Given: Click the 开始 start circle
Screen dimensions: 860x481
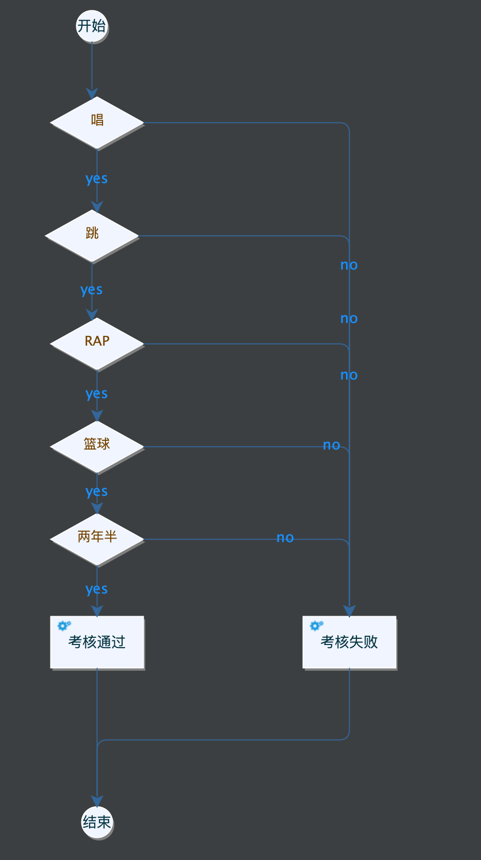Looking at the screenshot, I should pyautogui.click(x=92, y=26).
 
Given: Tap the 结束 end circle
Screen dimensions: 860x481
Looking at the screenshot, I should pyautogui.click(x=97, y=822).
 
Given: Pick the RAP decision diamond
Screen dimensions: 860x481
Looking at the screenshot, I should pyautogui.click(x=97, y=343).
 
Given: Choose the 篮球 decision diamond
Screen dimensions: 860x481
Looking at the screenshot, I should pyautogui.click(x=97, y=446).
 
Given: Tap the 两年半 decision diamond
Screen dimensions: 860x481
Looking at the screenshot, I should pyautogui.click(x=97, y=539).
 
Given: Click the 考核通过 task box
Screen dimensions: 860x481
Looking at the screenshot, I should pyautogui.click(x=97, y=642).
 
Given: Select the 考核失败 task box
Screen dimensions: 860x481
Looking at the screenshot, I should pyautogui.click(x=349, y=642).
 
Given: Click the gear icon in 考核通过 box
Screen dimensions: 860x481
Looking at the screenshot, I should pyautogui.click(x=64, y=625).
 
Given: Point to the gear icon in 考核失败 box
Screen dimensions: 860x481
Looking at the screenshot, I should pyautogui.click(x=316, y=625).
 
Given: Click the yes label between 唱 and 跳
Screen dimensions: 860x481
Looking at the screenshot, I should pyautogui.click(x=96, y=179).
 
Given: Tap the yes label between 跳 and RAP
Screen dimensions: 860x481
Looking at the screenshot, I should pyautogui.click(x=91, y=290).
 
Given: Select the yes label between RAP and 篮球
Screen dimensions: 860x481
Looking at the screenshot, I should pyautogui.click(x=96, y=394).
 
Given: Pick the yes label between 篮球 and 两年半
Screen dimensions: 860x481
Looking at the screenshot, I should pyautogui.click(x=96, y=492).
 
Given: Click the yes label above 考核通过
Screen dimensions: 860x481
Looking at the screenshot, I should pyautogui.click(x=96, y=589).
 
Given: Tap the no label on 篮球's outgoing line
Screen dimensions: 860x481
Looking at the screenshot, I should pyautogui.click(x=331, y=445).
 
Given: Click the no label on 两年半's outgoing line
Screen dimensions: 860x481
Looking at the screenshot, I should pyautogui.click(x=285, y=538).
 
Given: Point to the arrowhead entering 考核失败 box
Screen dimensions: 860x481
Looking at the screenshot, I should pyautogui.click(x=349, y=611).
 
